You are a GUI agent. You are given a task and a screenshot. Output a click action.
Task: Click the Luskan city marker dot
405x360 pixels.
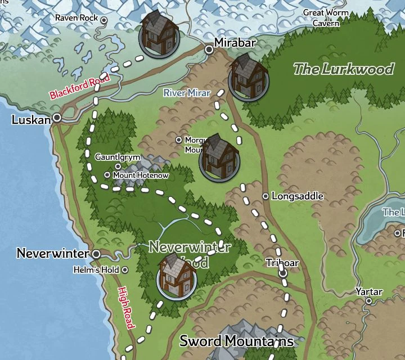point(57,118)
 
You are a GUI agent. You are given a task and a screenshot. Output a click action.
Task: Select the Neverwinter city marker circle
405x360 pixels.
point(96,254)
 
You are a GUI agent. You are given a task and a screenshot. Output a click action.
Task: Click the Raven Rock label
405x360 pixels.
point(76,18)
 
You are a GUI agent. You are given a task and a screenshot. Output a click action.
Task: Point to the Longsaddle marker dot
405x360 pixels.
point(266,196)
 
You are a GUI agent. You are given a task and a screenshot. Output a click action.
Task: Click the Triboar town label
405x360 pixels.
point(282,263)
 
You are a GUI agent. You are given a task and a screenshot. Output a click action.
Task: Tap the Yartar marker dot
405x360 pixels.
point(369,301)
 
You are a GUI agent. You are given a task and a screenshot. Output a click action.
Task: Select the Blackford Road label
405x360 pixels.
point(79,87)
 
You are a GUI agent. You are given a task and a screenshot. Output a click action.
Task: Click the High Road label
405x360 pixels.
point(125,308)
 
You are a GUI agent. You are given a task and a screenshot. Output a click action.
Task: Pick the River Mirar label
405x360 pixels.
point(187,93)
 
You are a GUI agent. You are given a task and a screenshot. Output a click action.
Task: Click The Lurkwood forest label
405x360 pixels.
point(344,69)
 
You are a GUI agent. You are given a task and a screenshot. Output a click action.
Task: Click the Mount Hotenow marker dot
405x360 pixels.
point(107,175)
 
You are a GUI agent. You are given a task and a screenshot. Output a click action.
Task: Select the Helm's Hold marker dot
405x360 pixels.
point(125,270)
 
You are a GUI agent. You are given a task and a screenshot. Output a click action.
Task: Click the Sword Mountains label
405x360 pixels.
point(236,341)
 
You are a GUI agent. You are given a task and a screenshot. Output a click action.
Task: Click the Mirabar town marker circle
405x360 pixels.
point(209,49)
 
